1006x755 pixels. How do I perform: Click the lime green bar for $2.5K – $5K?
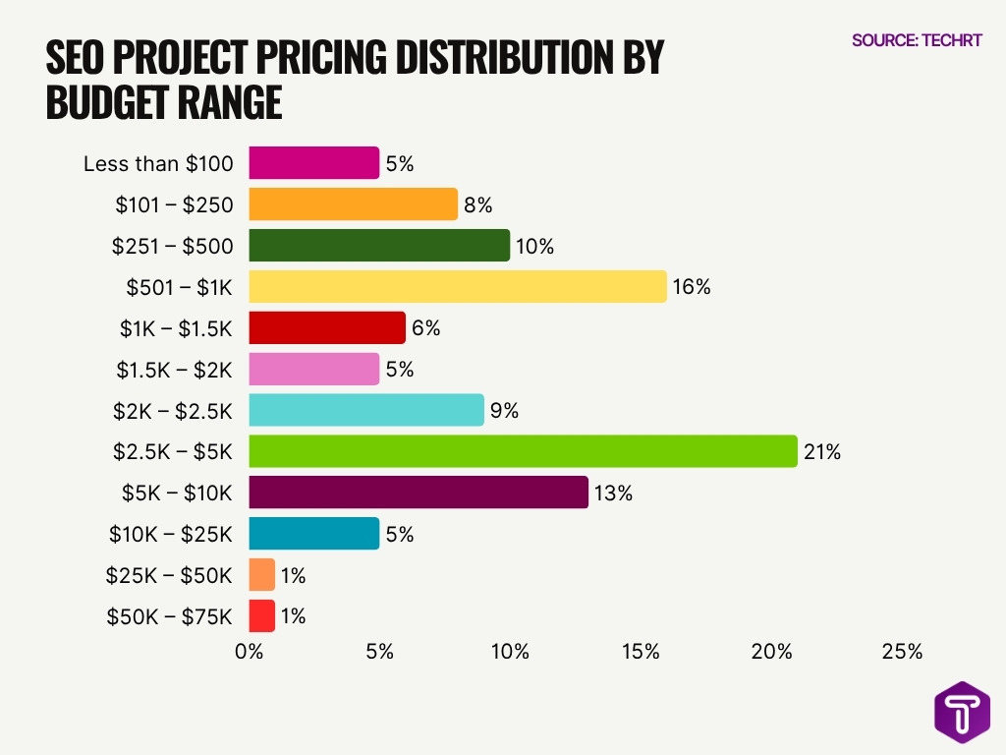click(523, 451)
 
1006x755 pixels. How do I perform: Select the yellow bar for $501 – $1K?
click(458, 287)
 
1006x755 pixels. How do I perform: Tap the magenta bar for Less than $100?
click(313, 163)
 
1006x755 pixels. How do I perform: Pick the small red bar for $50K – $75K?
click(261, 616)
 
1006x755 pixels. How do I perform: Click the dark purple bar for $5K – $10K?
click(419, 493)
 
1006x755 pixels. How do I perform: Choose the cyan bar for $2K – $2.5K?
click(366, 410)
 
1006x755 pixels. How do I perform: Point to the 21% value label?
click(821, 452)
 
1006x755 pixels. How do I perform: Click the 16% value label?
click(691, 288)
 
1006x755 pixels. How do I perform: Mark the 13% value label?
click(613, 494)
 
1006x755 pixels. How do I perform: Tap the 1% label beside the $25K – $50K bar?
click(293, 576)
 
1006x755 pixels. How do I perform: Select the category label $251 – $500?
click(172, 246)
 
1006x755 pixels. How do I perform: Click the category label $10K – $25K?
click(171, 535)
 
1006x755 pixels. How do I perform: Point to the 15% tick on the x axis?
click(641, 652)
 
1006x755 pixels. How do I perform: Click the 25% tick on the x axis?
click(902, 652)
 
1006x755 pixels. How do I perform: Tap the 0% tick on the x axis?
click(250, 652)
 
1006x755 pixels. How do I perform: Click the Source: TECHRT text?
click(917, 41)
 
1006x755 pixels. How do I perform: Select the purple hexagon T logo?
click(961, 711)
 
